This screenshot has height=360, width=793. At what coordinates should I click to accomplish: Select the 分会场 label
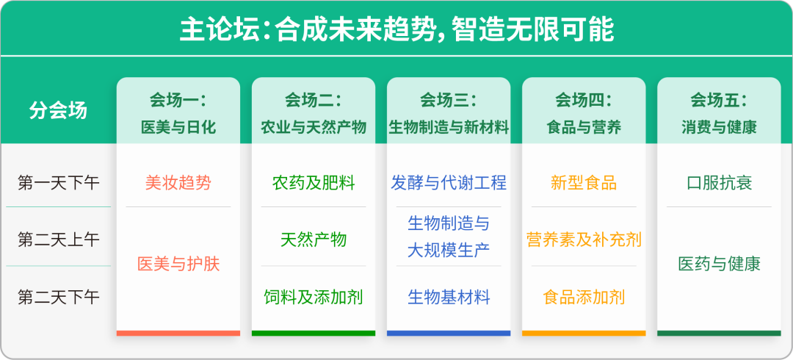(x=58, y=110)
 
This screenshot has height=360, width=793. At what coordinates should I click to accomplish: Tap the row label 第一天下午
(x=58, y=182)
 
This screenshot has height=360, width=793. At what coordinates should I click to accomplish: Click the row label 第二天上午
(x=58, y=240)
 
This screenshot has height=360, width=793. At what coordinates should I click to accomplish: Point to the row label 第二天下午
(x=58, y=298)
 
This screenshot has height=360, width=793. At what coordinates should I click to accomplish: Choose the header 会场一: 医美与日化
(x=178, y=112)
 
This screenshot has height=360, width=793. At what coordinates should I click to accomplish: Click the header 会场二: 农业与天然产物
(x=314, y=112)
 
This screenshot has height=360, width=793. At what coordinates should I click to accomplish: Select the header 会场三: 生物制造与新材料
(x=449, y=112)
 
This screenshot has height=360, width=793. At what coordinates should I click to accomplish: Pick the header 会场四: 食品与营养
(x=584, y=112)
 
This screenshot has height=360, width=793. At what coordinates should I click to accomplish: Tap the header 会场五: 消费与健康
(x=719, y=112)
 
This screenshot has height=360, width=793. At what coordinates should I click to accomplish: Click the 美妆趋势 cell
(x=178, y=182)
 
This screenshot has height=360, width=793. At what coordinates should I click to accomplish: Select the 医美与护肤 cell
(x=178, y=264)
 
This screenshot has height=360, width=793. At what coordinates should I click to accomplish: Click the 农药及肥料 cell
(x=314, y=182)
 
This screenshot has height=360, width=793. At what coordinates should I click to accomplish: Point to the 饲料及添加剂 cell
(x=314, y=298)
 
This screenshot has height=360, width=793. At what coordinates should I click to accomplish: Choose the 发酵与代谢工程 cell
(x=449, y=182)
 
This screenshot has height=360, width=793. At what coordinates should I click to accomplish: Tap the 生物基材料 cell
(x=449, y=298)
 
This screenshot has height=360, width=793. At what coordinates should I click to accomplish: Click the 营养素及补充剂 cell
(x=584, y=240)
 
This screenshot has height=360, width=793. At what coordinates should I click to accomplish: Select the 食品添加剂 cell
(x=584, y=298)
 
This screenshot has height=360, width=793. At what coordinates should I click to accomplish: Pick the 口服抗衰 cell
(x=719, y=182)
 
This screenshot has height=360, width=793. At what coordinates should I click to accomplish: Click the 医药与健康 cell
(x=719, y=264)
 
